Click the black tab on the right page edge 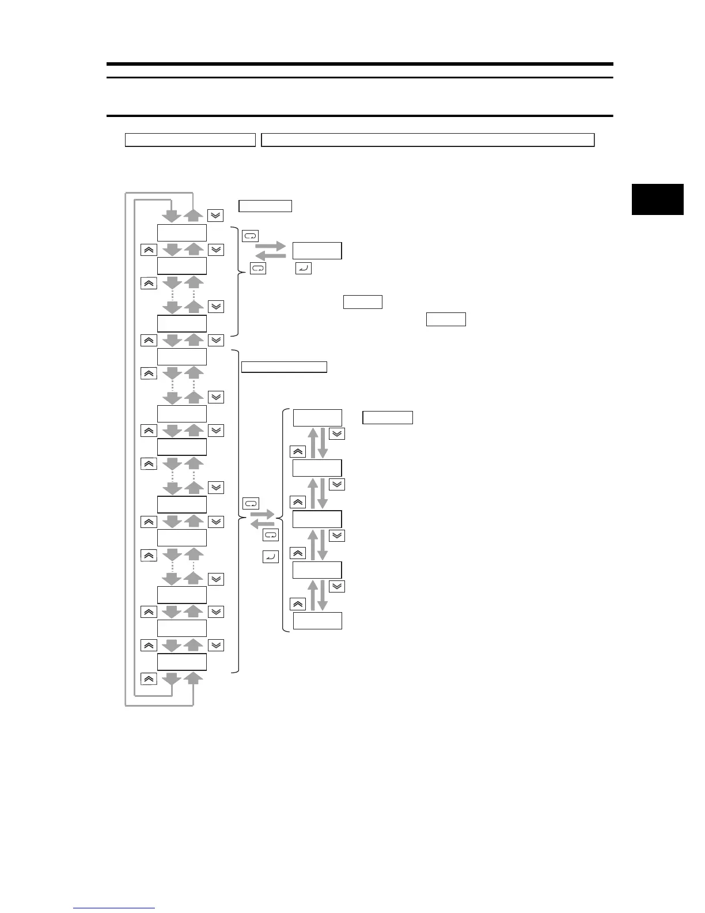coord(657,199)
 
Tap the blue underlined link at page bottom coord(114,908)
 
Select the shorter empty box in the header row coord(190,140)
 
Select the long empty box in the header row coord(427,140)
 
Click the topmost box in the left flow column coord(182,233)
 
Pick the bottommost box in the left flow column coord(182,662)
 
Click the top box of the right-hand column coord(317,418)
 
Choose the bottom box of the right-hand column coord(317,621)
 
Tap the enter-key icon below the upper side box coord(303,268)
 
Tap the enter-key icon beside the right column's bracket coord(270,557)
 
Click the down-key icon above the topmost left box coord(215,215)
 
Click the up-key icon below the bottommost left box coord(149,679)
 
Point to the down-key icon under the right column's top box coord(337,434)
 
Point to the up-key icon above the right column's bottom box coord(298,604)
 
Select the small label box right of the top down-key coord(265,206)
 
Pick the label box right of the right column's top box coord(388,418)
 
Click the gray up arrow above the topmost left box coord(194,216)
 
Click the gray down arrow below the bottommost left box coord(172,679)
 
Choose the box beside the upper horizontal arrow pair coord(317,251)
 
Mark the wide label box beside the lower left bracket coord(284,367)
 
